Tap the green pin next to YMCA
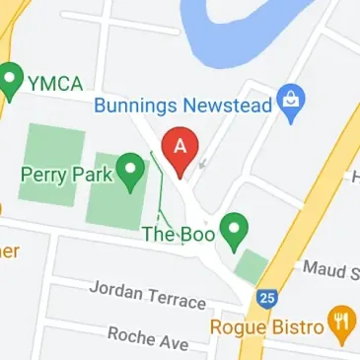11,79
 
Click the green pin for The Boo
233,230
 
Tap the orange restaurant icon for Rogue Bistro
344,325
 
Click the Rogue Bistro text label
267,326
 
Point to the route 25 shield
266,296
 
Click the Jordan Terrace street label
147,294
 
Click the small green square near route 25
252,265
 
